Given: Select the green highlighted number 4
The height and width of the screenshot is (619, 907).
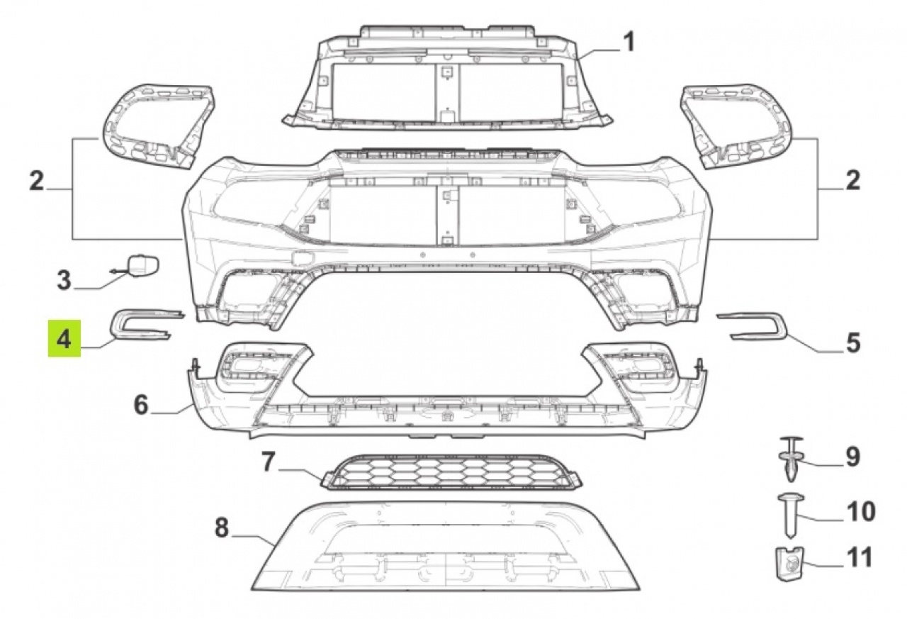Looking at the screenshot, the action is tap(64, 339).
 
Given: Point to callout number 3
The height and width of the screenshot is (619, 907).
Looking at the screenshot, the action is tap(64, 280).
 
